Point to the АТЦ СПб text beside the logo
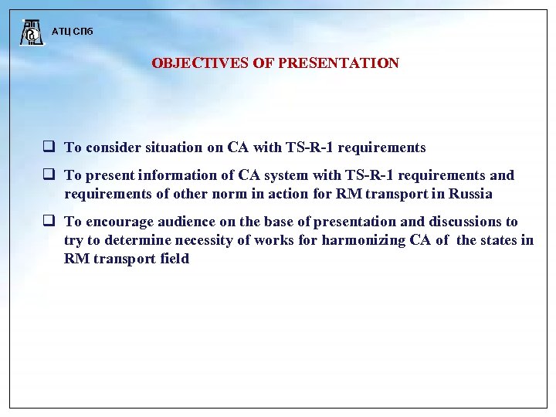pos(72,32)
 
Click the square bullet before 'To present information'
pos(48,175)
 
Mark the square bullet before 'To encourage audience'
pos(48,222)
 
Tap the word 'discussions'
pos(463,222)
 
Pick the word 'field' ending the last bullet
pos(174,259)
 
